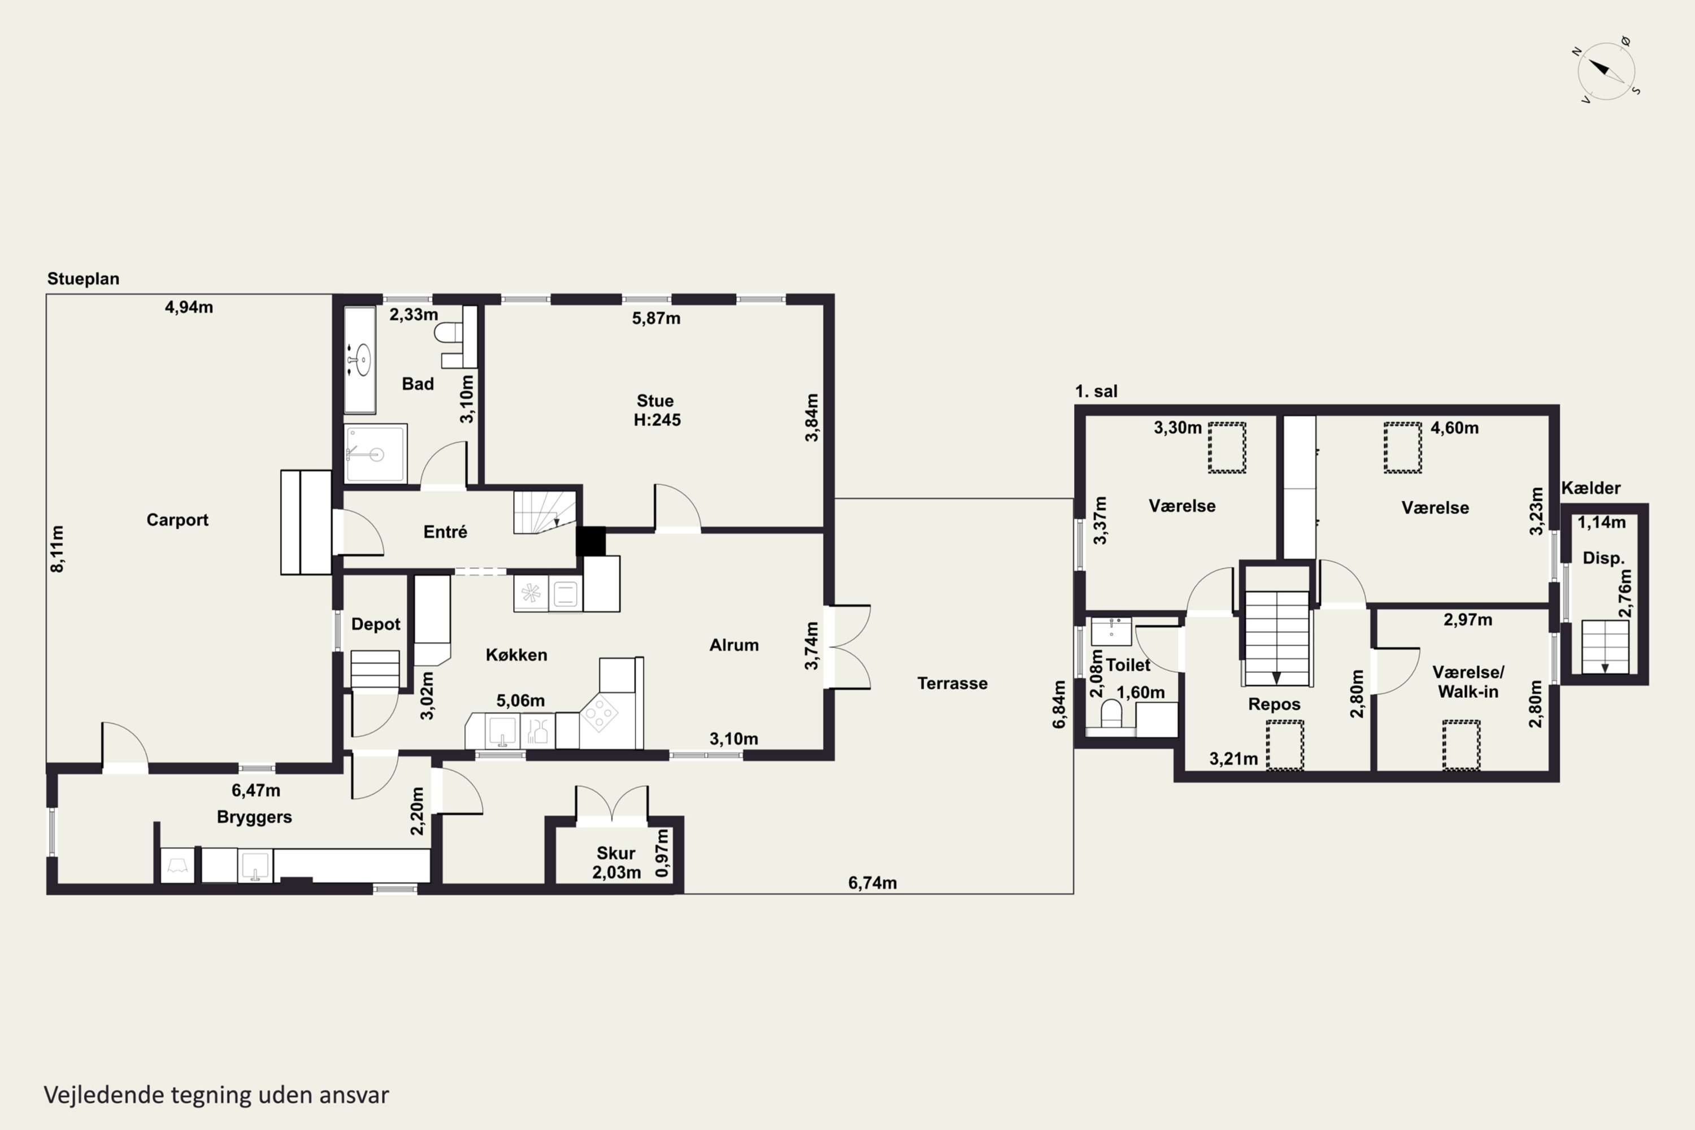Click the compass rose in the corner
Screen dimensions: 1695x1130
(1606, 71)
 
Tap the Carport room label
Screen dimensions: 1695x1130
(177, 520)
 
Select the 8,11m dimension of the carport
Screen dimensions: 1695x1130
(58, 549)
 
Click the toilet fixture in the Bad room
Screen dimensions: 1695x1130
(448, 332)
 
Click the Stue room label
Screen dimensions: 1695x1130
(655, 401)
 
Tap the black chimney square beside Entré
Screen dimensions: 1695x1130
(591, 541)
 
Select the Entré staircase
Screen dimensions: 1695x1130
(545, 512)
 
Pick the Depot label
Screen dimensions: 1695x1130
(376, 624)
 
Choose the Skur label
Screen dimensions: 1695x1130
(615, 853)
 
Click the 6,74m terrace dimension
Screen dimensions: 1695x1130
(872, 883)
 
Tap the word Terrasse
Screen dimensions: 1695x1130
(952, 683)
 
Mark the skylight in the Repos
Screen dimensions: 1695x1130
(1285, 745)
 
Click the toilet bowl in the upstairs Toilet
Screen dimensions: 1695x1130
(1111, 714)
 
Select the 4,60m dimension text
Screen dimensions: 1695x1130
(1454, 428)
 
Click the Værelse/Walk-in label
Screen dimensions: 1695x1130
(1468, 682)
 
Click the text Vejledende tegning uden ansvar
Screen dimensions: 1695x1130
(216, 1095)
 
